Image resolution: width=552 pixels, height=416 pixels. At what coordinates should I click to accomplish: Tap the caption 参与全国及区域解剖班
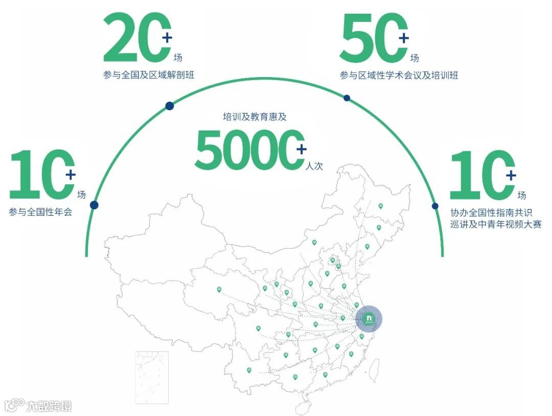(149, 75)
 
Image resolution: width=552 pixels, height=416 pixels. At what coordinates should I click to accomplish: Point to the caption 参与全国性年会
(40, 211)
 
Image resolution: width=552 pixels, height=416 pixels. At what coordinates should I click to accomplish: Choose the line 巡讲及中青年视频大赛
(495, 224)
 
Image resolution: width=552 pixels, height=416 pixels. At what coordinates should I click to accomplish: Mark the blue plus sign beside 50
(404, 37)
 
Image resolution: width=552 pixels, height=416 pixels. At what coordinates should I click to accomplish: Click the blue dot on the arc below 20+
(170, 106)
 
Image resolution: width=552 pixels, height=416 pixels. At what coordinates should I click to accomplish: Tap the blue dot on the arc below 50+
(347, 97)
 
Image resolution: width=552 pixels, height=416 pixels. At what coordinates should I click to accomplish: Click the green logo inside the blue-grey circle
(369, 319)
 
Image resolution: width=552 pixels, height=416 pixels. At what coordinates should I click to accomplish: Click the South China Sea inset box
(152, 377)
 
